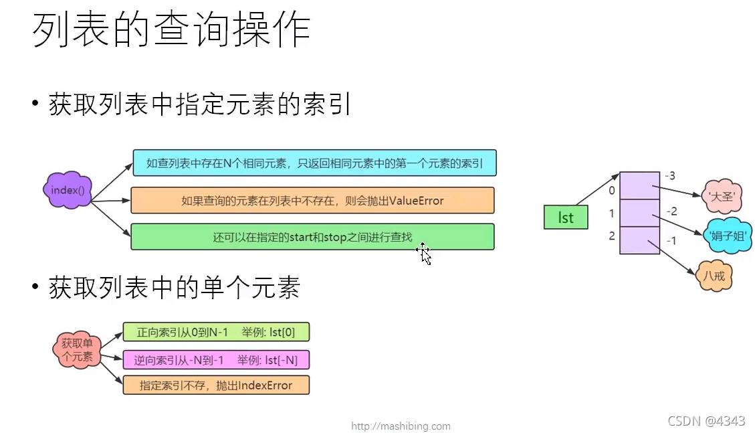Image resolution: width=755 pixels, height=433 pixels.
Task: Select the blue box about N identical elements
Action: tap(314, 163)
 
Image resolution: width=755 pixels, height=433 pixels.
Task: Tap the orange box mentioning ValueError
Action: tap(312, 200)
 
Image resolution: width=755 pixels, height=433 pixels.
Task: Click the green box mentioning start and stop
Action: tap(312, 237)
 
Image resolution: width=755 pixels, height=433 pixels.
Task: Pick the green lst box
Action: tap(565, 218)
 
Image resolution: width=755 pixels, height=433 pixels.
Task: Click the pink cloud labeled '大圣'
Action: tap(723, 197)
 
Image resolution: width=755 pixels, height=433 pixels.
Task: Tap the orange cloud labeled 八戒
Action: tap(714, 275)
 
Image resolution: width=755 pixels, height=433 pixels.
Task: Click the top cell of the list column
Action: tap(639, 185)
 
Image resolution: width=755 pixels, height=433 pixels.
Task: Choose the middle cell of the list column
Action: tap(639, 213)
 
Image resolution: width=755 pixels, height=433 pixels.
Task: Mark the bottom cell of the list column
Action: tap(639, 240)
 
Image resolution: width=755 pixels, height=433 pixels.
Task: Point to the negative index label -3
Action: tap(670, 176)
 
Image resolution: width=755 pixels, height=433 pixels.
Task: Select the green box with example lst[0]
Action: tap(217, 333)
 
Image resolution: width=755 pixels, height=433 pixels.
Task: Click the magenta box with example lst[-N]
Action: tap(217, 360)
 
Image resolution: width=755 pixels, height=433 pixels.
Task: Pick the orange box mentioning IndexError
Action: tap(217, 385)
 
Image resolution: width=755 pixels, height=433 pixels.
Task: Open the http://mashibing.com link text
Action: tap(401, 426)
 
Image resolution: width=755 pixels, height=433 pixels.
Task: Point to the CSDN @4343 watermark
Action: tap(706, 421)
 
